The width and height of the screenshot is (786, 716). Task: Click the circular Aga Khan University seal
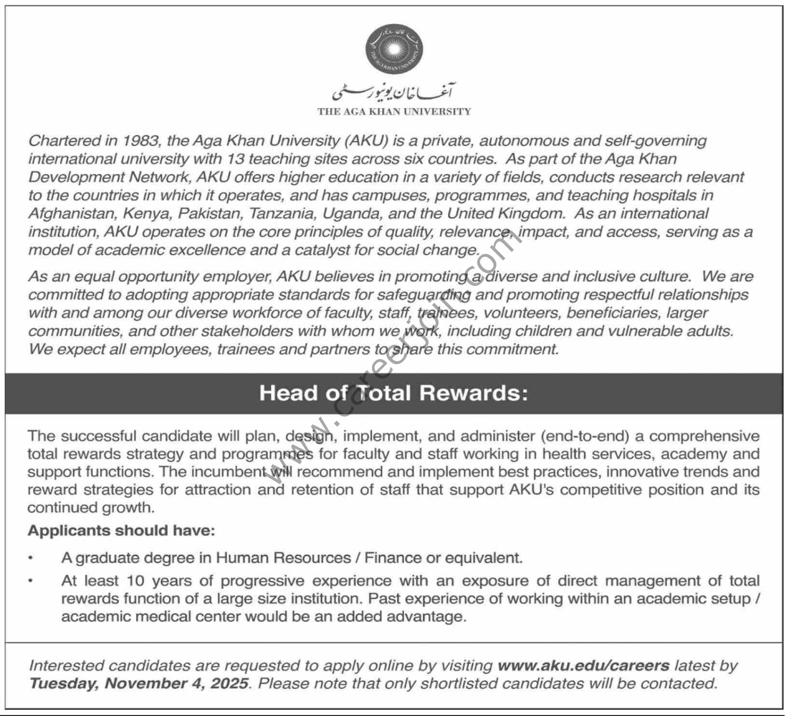click(394, 49)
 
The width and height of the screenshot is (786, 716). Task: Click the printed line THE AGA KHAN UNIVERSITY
click(394, 112)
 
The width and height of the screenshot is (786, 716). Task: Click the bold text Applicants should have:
click(121, 531)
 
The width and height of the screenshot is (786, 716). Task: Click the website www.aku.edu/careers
click(583, 666)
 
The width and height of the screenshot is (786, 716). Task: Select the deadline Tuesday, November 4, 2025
click(139, 684)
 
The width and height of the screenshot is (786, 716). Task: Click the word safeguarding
click(424, 295)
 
